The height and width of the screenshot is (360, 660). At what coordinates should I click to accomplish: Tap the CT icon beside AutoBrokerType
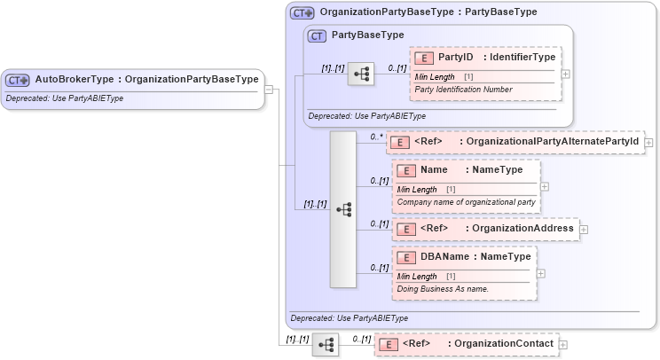18,80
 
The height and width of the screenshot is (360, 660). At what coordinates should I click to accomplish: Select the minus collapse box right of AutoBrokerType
269,89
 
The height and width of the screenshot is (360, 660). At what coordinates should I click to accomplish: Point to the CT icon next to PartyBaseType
317,35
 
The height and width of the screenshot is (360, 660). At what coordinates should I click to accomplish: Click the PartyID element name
456,58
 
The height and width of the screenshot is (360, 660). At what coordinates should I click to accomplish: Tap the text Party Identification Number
463,90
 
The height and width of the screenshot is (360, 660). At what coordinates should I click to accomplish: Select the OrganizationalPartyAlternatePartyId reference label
553,141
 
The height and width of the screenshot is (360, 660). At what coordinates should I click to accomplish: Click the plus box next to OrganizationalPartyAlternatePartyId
649,141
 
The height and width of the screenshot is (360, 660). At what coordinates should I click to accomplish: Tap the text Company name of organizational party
466,202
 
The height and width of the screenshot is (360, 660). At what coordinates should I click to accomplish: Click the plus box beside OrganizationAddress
584,229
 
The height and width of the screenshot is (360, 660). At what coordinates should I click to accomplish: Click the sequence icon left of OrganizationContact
326,345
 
